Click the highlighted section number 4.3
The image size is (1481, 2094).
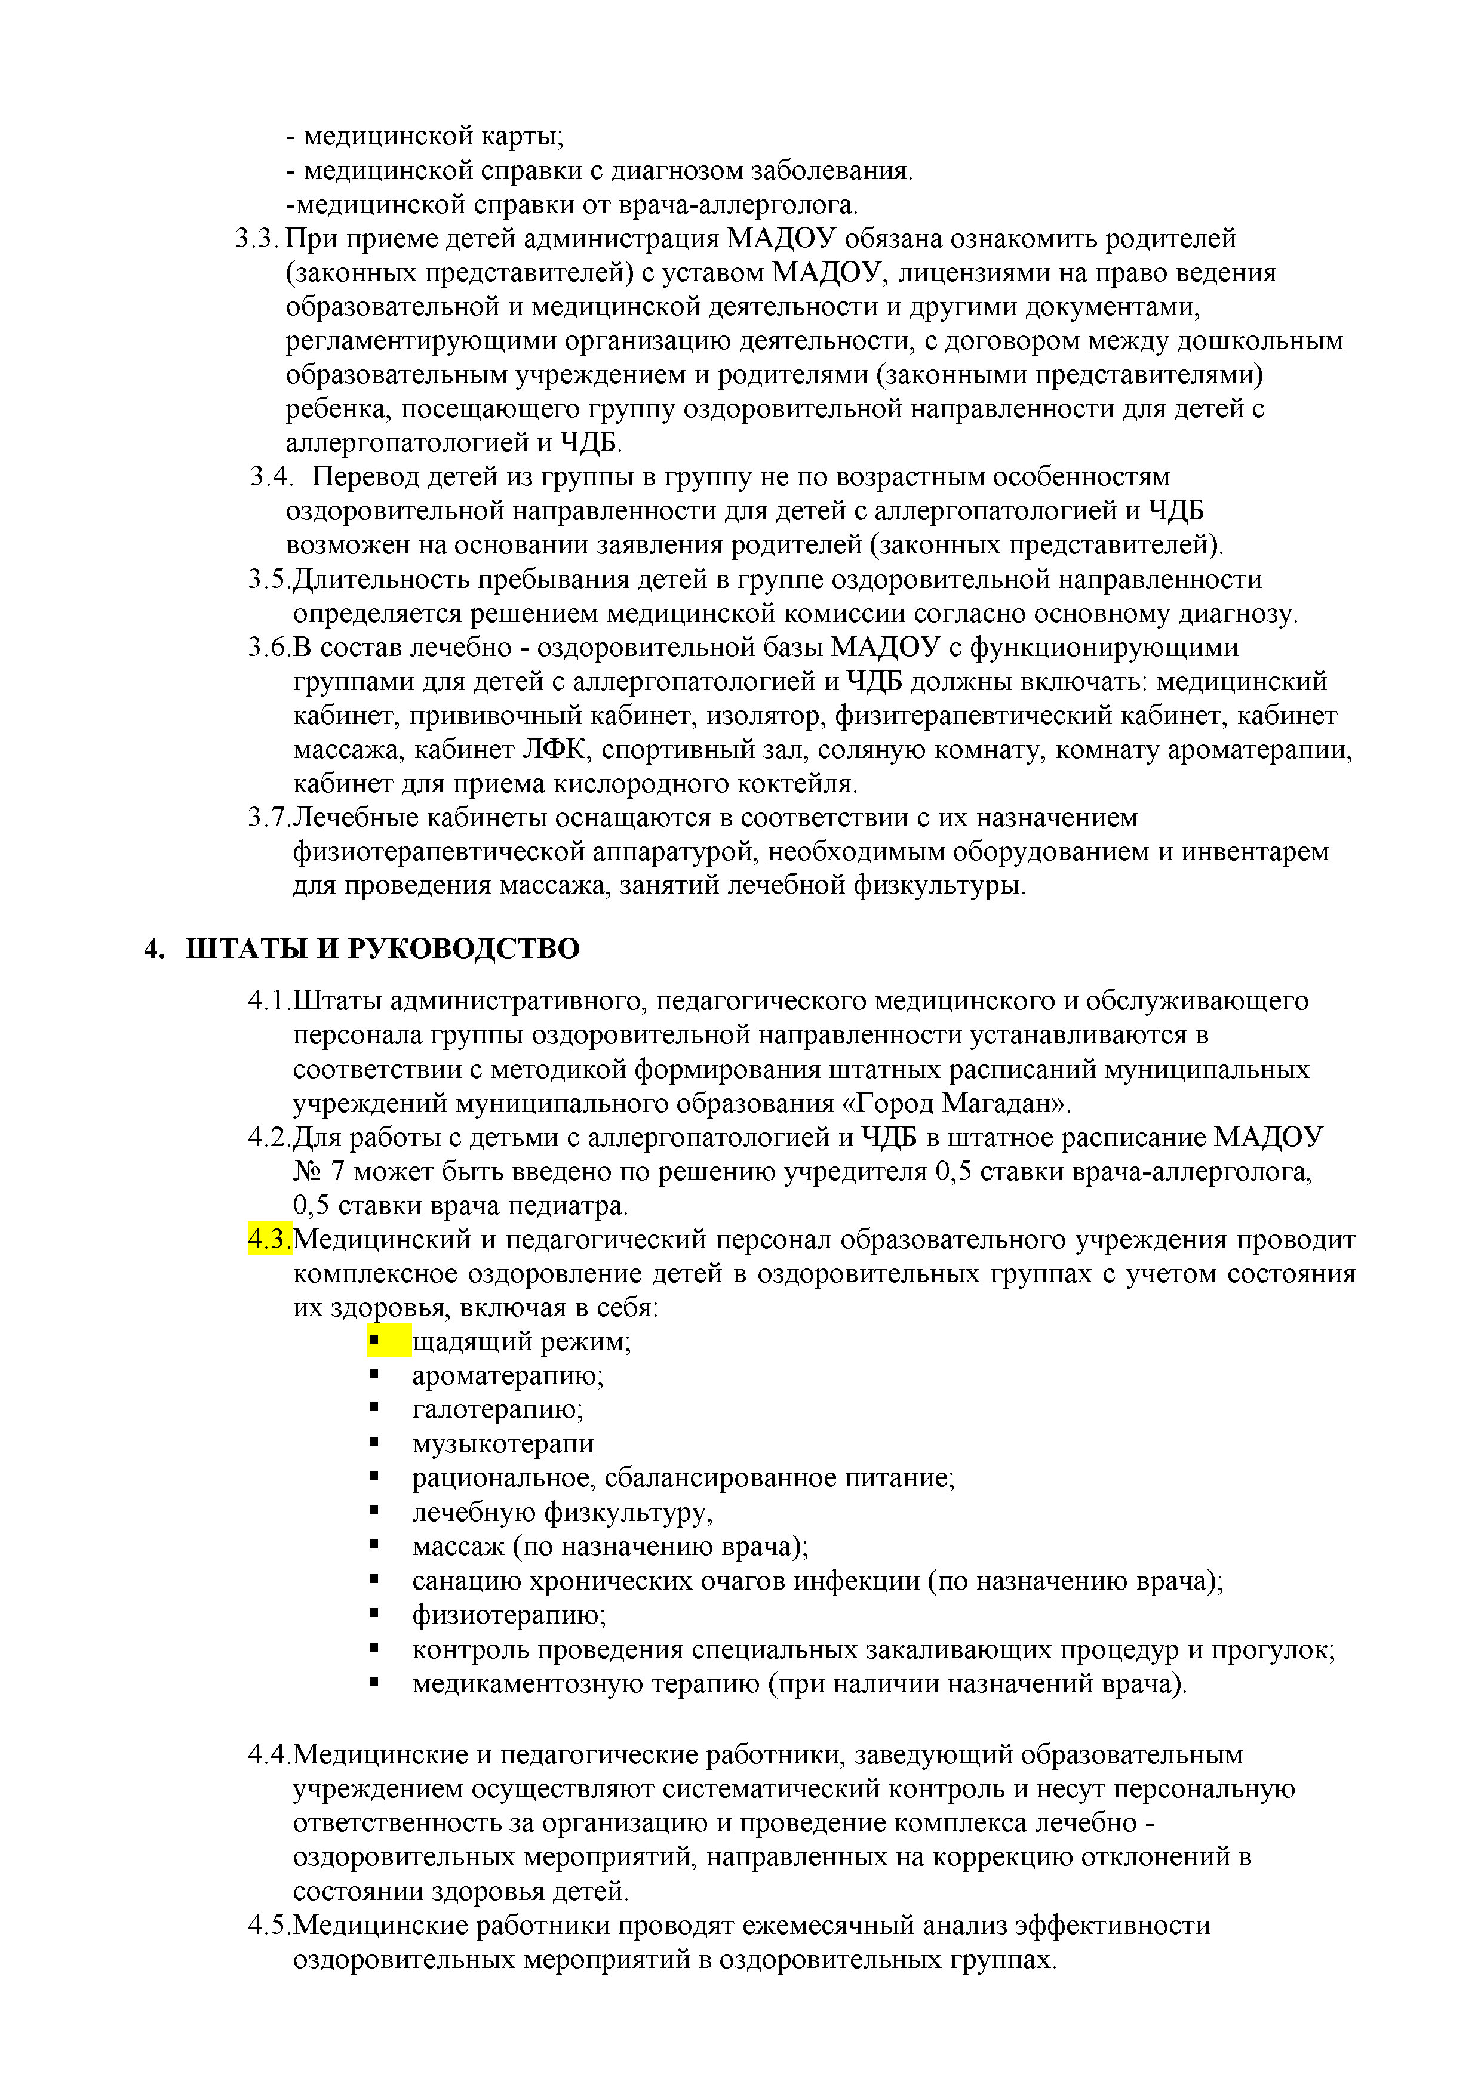(x=269, y=1240)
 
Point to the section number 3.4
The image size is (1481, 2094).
(x=271, y=477)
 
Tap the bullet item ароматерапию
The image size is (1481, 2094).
(x=508, y=1375)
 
